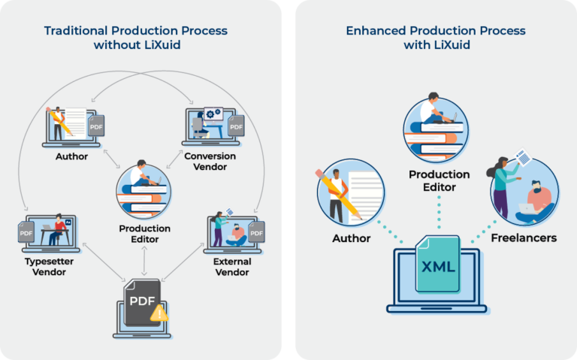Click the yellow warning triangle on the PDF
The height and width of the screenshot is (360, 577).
click(159, 313)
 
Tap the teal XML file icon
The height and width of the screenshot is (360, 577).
click(437, 265)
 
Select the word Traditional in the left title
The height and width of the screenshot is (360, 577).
click(76, 31)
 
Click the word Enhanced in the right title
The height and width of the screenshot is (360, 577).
click(376, 31)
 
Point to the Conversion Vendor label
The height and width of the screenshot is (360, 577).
click(210, 162)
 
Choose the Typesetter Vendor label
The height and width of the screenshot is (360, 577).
click(49, 267)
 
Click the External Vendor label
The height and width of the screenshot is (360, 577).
click(232, 267)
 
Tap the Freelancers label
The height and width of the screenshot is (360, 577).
click(524, 237)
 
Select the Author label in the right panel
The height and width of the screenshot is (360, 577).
click(352, 238)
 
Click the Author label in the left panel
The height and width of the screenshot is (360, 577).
click(72, 156)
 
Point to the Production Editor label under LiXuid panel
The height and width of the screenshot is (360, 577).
click(439, 180)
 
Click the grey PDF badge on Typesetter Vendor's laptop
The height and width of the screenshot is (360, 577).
click(26, 232)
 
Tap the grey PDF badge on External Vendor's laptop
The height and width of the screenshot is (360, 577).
click(256, 232)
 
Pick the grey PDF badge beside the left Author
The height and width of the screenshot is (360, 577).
click(96, 126)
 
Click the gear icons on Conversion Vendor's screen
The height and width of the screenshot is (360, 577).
click(213, 113)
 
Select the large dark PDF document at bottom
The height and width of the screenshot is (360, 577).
click(142, 302)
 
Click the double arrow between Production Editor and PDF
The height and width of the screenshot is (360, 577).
click(144, 261)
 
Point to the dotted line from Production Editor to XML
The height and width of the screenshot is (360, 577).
click(439, 213)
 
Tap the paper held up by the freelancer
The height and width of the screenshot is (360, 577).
click(523, 157)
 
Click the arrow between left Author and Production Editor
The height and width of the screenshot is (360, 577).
click(111, 159)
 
